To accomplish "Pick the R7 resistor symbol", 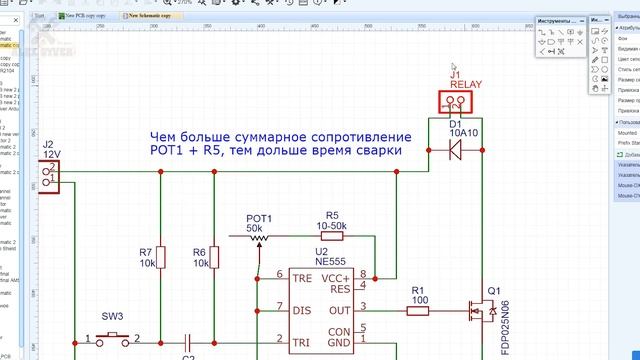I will pyautogui.click(x=162, y=257).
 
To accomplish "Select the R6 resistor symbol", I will pyautogui.click(x=216, y=257).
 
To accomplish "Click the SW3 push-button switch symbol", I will pyautogui.click(x=112, y=338).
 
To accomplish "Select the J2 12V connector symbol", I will pyautogui.click(x=47, y=174).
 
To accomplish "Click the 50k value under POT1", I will pyautogui.click(x=259, y=229).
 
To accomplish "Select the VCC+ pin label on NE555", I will pyautogui.click(x=360, y=277).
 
